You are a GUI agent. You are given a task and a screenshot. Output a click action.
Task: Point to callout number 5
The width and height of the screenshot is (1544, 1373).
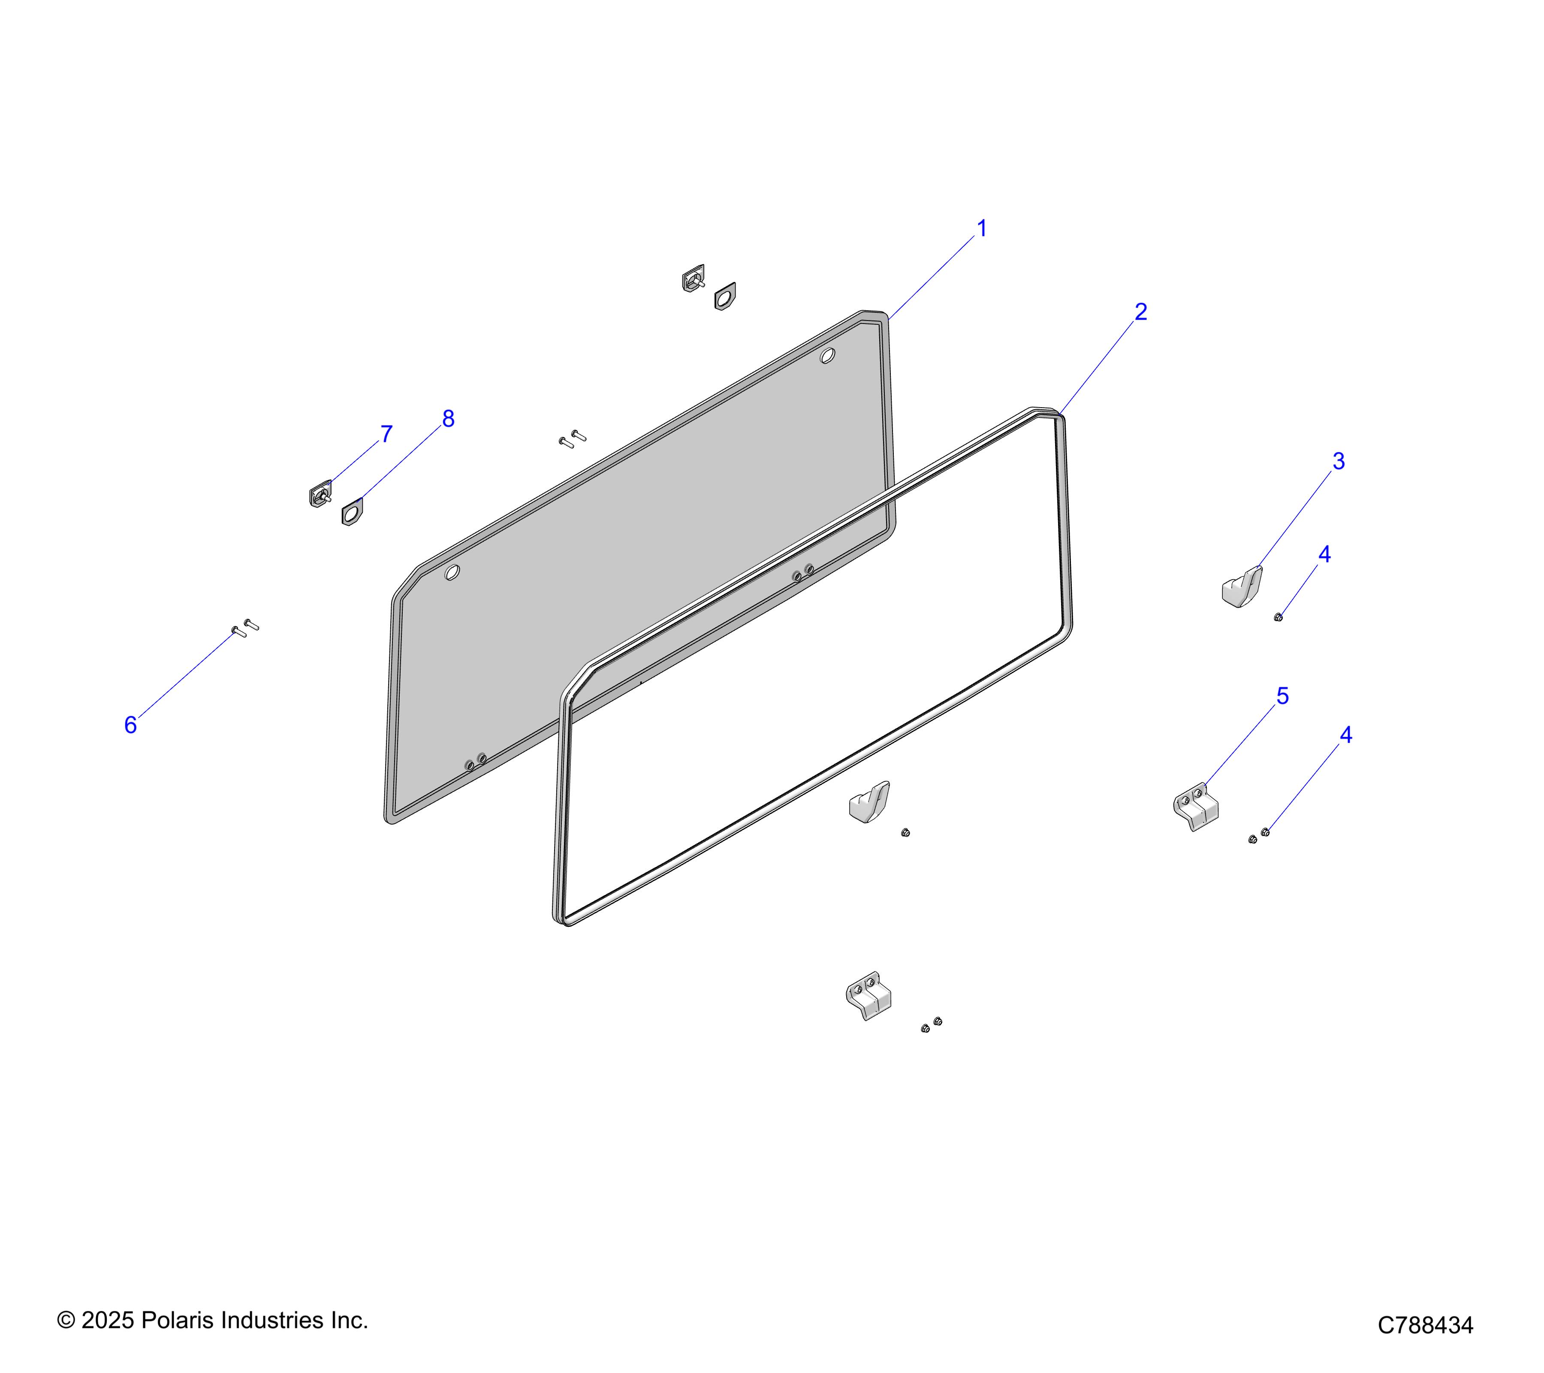click(1283, 696)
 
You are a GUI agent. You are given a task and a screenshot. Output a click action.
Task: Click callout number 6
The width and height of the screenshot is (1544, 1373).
click(131, 725)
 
